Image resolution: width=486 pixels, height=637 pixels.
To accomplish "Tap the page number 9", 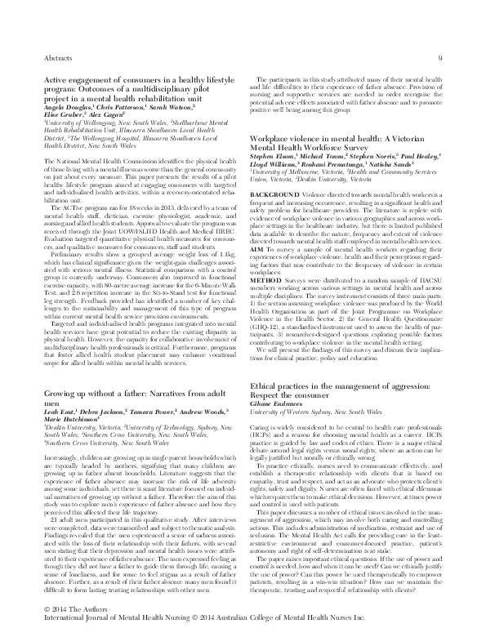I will (x=439, y=57).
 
